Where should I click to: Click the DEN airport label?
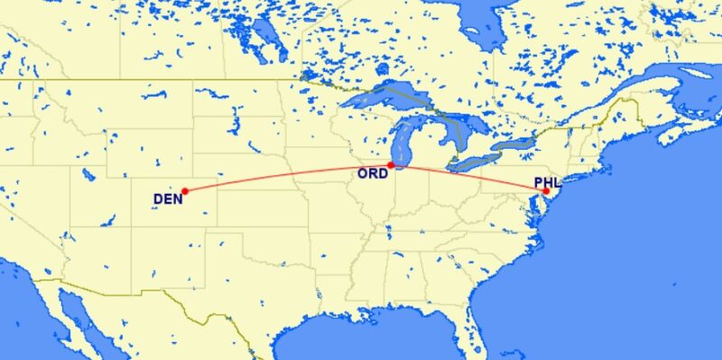pyautogui.click(x=166, y=198)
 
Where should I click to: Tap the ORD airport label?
pyautogui.click(x=373, y=174)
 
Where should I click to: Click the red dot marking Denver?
pyautogui.click(x=184, y=190)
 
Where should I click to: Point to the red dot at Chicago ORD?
pyautogui.click(x=390, y=164)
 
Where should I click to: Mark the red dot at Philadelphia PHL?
pyautogui.click(x=546, y=190)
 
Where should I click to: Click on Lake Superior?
pyautogui.click(x=388, y=96)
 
